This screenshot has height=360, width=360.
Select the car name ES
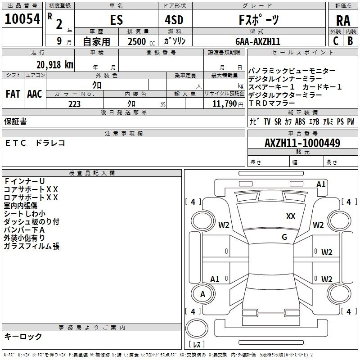click(x=116, y=21)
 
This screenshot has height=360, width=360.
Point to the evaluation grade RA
click(x=343, y=21)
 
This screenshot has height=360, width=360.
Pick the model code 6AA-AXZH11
click(x=258, y=41)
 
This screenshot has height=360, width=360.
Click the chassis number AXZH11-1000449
click(x=302, y=144)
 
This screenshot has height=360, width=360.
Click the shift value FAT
click(x=13, y=94)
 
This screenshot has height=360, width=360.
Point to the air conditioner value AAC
click(x=35, y=94)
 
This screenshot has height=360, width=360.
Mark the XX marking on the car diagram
click(x=291, y=216)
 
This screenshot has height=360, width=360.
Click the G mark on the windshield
click(x=284, y=237)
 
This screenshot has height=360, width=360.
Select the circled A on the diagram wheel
click(x=202, y=294)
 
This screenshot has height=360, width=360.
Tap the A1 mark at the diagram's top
click(x=320, y=184)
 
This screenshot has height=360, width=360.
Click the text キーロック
click(x=23, y=336)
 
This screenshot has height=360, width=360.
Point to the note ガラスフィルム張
click(x=31, y=246)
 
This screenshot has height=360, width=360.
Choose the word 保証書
click(x=15, y=121)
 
